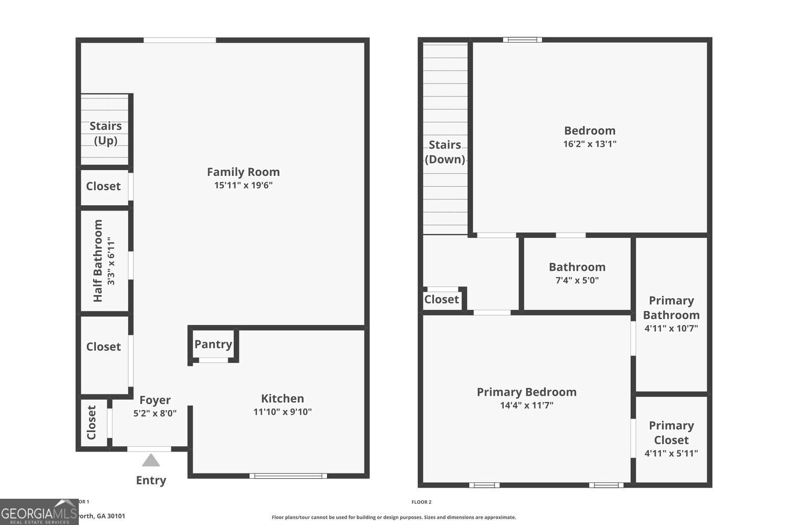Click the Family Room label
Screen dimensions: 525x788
coord(243,172)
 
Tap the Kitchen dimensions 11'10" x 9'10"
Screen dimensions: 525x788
coord(283,412)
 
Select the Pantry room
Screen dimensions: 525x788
coord(213,344)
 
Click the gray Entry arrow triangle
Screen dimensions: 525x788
coord(151,461)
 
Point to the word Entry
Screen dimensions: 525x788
coord(151,480)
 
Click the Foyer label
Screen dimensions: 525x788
coord(155,400)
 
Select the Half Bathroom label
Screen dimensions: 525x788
coord(98,260)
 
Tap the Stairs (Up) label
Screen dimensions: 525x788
coord(106,133)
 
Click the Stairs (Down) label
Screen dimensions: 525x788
coord(445,152)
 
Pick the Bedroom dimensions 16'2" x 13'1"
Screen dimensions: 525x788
coord(589,144)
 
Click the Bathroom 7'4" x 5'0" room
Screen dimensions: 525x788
coord(577,273)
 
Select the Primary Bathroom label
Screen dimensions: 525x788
coord(671,308)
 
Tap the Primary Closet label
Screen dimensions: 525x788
coord(671,433)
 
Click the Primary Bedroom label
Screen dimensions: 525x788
coord(526,392)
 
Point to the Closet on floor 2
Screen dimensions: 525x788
coord(441,299)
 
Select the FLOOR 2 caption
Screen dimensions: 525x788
coord(421,502)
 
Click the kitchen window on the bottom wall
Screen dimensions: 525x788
coord(288,476)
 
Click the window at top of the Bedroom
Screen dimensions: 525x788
coord(522,40)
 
